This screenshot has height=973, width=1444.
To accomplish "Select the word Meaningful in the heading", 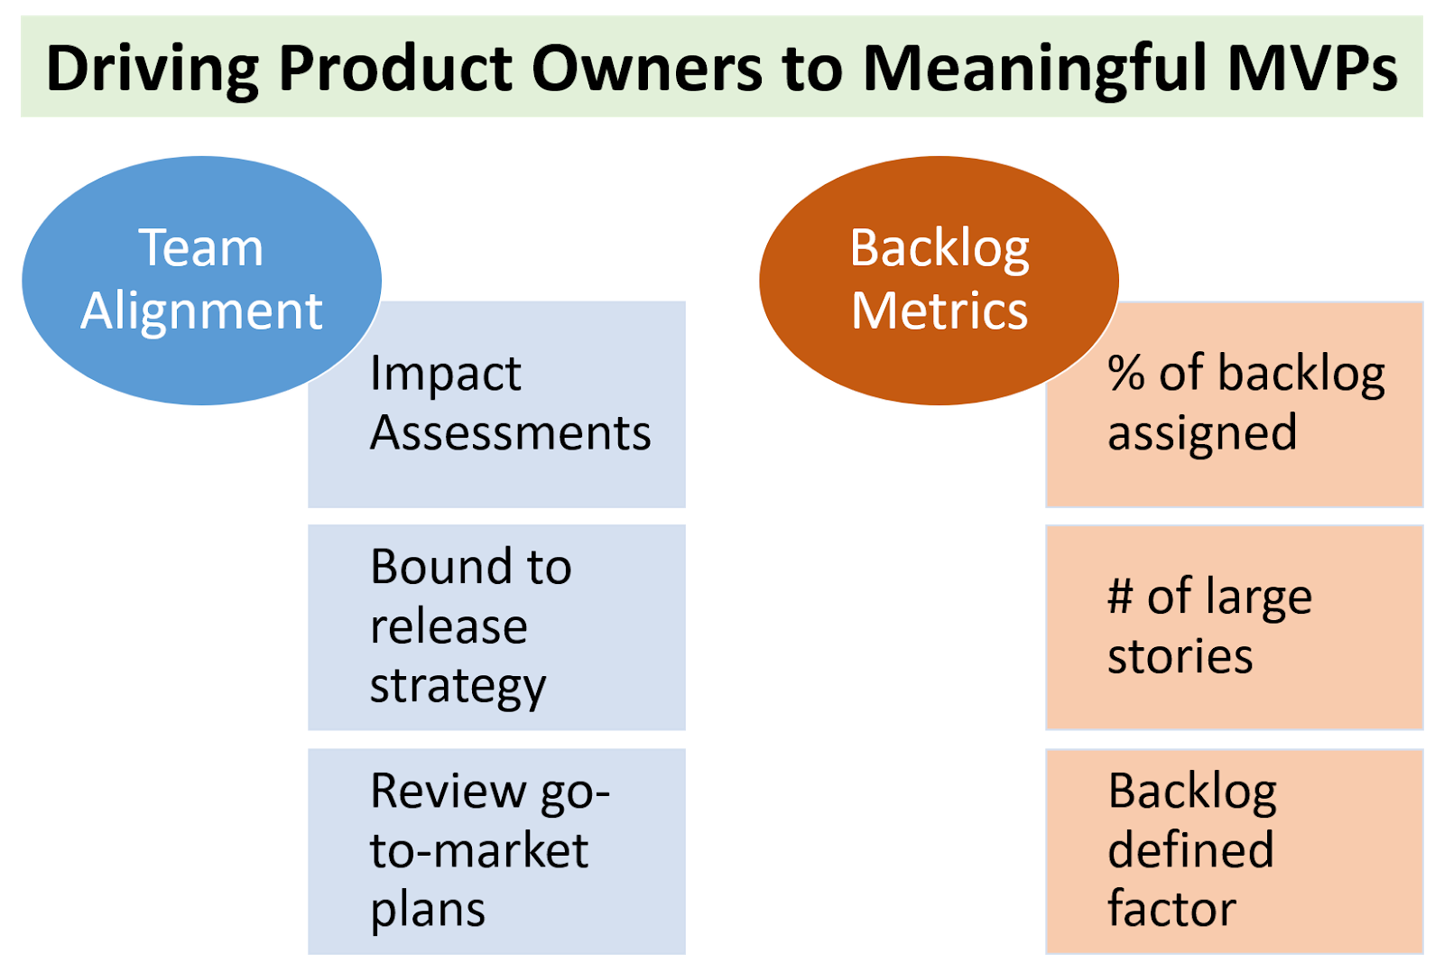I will (x=1035, y=69).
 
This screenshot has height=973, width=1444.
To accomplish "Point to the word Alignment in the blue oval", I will (x=201, y=311).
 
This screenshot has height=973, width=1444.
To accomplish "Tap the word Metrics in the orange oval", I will (x=939, y=311).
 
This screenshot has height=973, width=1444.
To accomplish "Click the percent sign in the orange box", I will (x=1125, y=374).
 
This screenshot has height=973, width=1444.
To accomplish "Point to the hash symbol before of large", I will (x=1120, y=598).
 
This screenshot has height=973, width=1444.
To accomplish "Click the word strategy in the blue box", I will (x=458, y=686).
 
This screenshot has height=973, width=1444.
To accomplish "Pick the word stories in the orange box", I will (x=1180, y=656).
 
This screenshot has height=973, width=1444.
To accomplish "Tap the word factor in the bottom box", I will (x=1171, y=908).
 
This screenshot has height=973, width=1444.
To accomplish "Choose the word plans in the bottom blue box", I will (x=428, y=910).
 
